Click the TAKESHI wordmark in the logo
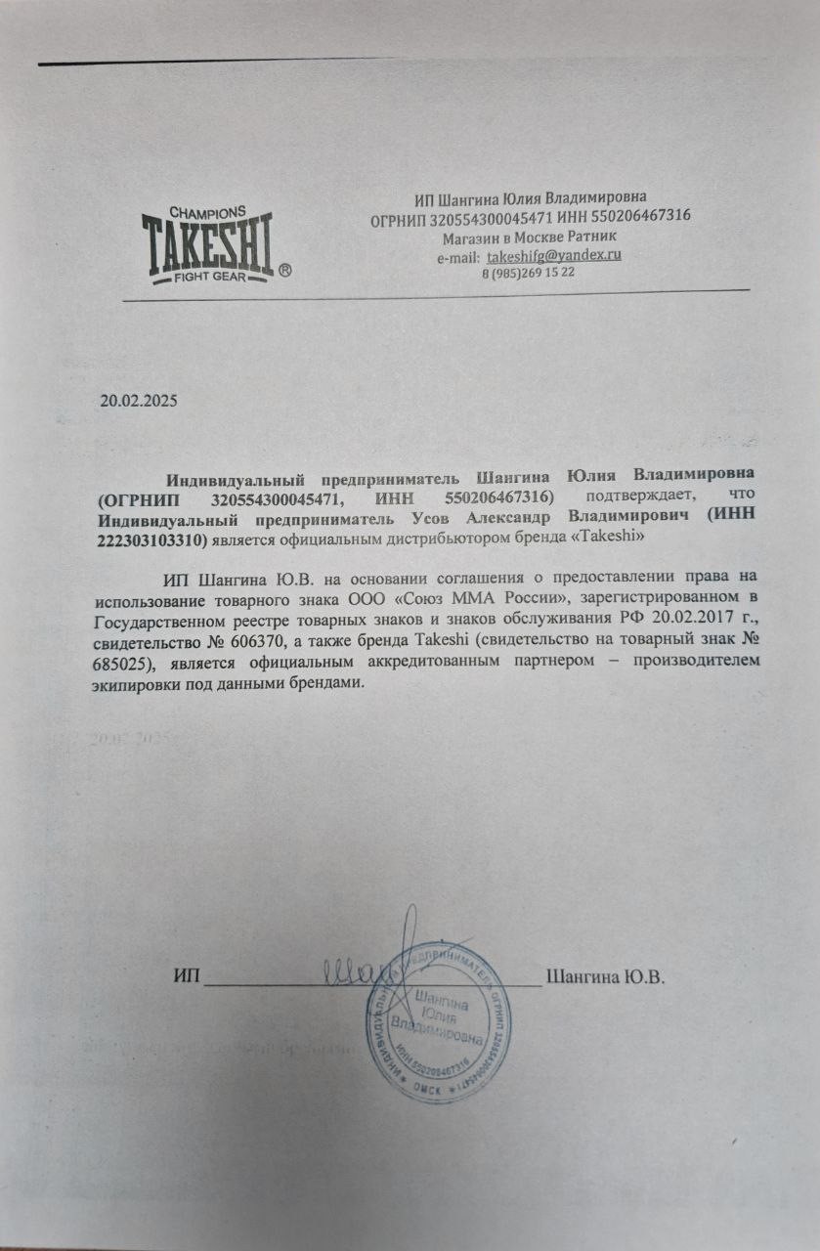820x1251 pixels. coord(208,245)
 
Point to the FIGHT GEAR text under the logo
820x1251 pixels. coord(208,278)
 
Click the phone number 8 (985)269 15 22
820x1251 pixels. coord(529,273)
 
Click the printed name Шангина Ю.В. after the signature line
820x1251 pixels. coord(606,976)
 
